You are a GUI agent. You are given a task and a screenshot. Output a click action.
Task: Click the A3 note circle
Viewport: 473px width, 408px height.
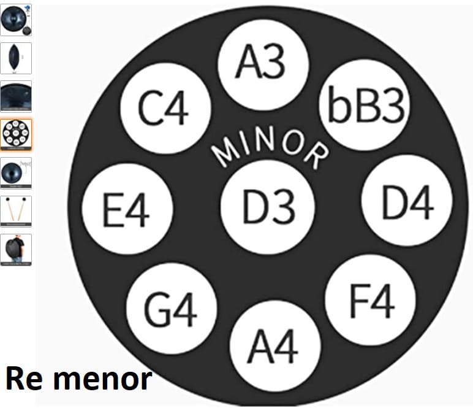click(263, 64)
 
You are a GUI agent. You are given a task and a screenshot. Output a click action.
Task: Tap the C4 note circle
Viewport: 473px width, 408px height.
click(165, 109)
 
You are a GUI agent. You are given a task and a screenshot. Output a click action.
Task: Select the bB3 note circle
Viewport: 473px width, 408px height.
click(365, 105)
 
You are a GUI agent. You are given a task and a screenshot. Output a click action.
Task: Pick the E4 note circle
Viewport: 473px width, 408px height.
click(127, 209)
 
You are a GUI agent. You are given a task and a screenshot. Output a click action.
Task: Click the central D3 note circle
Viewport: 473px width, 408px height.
click(268, 207)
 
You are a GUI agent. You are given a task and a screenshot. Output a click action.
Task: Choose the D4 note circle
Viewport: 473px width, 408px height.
click(407, 200)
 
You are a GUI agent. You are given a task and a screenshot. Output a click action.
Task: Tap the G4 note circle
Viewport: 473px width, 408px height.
click(172, 309)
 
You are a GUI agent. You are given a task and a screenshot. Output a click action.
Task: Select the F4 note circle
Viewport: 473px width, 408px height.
click(370, 300)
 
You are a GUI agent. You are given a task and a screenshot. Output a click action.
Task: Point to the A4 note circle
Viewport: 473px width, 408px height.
click(275, 346)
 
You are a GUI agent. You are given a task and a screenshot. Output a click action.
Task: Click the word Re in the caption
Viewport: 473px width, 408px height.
click(24, 379)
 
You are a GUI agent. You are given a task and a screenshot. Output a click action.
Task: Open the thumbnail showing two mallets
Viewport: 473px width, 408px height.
click(16, 211)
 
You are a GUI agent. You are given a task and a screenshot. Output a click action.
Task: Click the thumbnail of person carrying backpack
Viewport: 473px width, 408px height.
click(16, 250)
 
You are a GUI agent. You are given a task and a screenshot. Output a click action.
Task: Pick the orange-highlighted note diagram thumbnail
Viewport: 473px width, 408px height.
click(16, 134)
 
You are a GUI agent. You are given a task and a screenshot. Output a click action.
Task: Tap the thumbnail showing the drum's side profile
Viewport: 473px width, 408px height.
click(16, 58)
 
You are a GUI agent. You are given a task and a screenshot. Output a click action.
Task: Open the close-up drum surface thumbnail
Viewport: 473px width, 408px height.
click(16, 96)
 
